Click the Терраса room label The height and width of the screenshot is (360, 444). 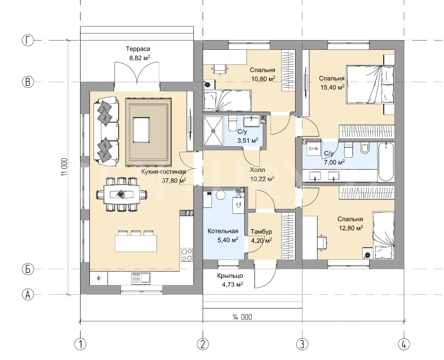pyautogui.click(x=138, y=49)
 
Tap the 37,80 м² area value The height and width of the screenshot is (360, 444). pyautogui.click(x=174, y=180)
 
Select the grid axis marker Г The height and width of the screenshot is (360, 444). pyautogui.click(x=28, y=40)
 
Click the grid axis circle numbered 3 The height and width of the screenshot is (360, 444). pyautogui.click(x=302, y=344)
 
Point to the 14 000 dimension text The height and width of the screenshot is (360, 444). pyautogui.click(x=242, y=317)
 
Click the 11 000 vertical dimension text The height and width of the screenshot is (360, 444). pyautogui.click(x=64, y=167)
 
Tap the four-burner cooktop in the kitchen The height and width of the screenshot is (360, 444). pyautogui.click(x=186, y=255)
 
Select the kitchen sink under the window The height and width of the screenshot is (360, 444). pyautogui.click(x=141, y=279)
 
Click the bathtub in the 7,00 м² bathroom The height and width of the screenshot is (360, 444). pyautogui.click(x=386, y=162)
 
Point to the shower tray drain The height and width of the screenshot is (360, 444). pyautogui.click(x=213, y=131)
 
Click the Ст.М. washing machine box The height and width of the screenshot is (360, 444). pyautogui.click(x=314, y=148)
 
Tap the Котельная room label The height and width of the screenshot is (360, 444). pyautogui.click(x=223, y=231)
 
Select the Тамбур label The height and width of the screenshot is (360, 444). pyautogui.click(x=261, y=231)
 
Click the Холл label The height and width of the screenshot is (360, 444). pyautogui.click(x=258, y=170)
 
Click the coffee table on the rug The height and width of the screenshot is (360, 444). pyautogui.click(x=141, y=130)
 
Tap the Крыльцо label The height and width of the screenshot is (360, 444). pyautogui.click(x=230, y=276)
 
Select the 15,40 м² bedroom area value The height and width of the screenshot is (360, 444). pyautogui.click(x=332, y=87)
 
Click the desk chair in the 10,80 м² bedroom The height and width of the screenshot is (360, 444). pyautogui.click(x=219, y=69)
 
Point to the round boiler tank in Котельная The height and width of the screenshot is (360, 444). pyautogui.click(x=221, y=195)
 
